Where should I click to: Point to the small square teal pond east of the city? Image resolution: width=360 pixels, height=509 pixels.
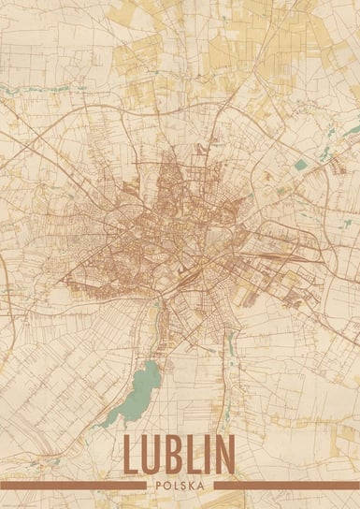pyautogui.click(x=300, y=165)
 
